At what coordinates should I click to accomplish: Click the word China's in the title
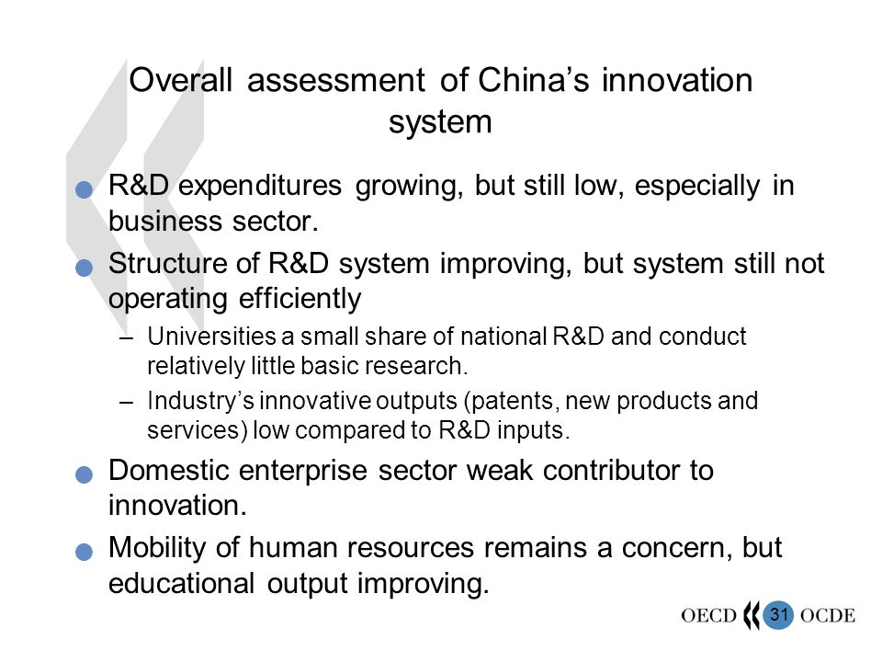[533, 80]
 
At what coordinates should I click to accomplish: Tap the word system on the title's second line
[440, 122]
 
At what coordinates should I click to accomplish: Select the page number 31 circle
[778, 614]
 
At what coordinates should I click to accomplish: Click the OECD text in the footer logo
[708, 615]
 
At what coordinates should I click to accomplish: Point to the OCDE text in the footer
[828, 615]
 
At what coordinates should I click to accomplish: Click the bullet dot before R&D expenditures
[84, 189]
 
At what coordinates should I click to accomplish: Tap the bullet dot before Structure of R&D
[84, 268]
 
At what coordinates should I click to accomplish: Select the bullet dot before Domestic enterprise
[84, 474]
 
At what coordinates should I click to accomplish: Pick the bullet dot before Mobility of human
[84, 552]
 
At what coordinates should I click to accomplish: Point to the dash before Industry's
[127, 403]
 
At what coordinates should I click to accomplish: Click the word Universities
[211, 337]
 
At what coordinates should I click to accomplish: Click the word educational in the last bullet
[181, 583]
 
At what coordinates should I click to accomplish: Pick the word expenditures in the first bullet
[259, 187]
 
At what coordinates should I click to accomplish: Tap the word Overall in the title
[181, 80]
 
